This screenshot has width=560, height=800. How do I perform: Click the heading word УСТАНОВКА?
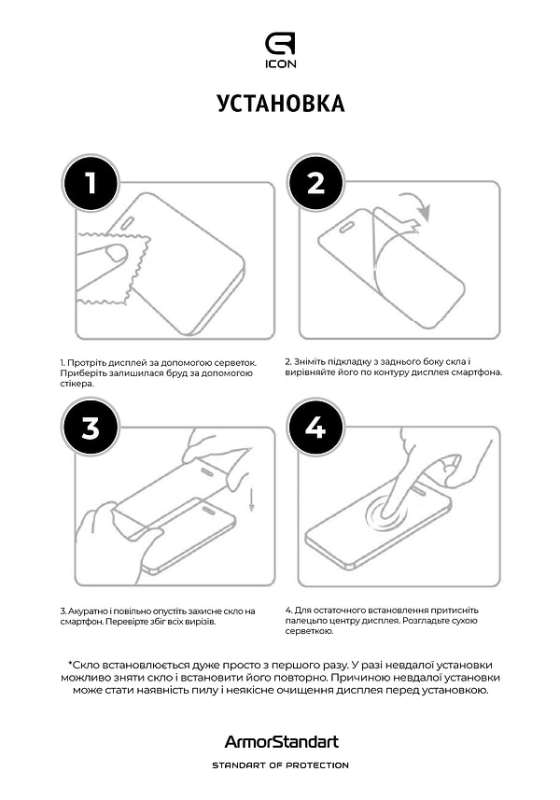pyautogui.click(x=281, y=104)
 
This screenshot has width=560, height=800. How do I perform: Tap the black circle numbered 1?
pyautogui.click(x=91, y=183)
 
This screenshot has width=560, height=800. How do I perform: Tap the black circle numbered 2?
pyautogui.click(x=315, y=183)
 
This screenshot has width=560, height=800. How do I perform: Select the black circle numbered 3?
pyautogui.click(x=91, y=428)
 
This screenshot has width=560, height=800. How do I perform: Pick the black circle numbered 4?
pyautogui.click(x=315, y=428)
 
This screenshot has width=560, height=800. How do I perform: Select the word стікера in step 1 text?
pyautogui.click(x=77, y=384)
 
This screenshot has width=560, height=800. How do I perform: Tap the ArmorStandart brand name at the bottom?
pyautogui.click(x=282, y=742)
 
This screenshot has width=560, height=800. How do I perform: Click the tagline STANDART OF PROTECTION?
pyautogui.click(x=281, y=765)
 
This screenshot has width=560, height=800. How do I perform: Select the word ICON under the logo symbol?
pyautogui.click(x=281, y=63)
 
